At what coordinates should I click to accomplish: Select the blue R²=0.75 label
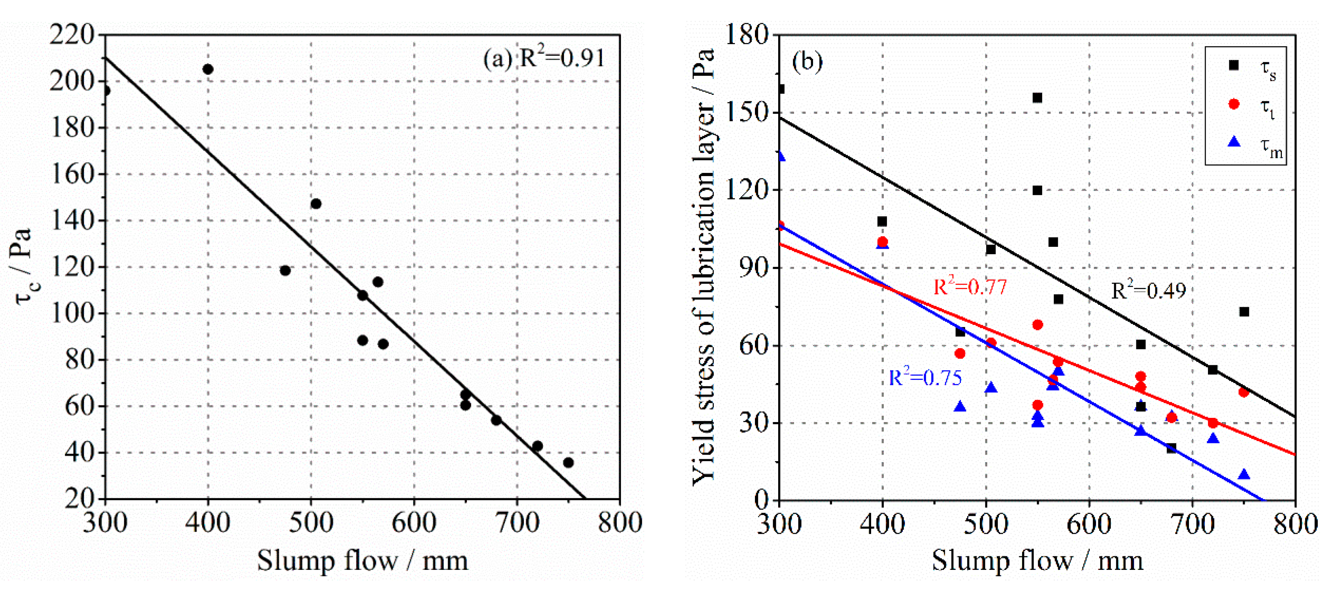click(925, 378)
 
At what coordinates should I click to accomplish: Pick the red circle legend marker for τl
click(1233, 104)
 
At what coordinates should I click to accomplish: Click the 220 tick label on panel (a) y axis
click(72, 35)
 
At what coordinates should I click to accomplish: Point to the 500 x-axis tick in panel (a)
click(311, 522)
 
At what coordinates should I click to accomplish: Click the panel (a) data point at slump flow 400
click(208, 69)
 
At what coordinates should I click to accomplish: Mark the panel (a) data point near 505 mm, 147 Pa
click(316, 204)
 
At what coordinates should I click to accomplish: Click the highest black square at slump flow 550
click(1037, 98)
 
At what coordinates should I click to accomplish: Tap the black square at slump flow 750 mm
click(1244, 312)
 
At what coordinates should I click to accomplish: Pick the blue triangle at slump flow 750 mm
click(1244, 475)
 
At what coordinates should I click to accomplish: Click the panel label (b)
click(807, 62)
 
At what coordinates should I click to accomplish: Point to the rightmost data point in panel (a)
click(568, 462)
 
